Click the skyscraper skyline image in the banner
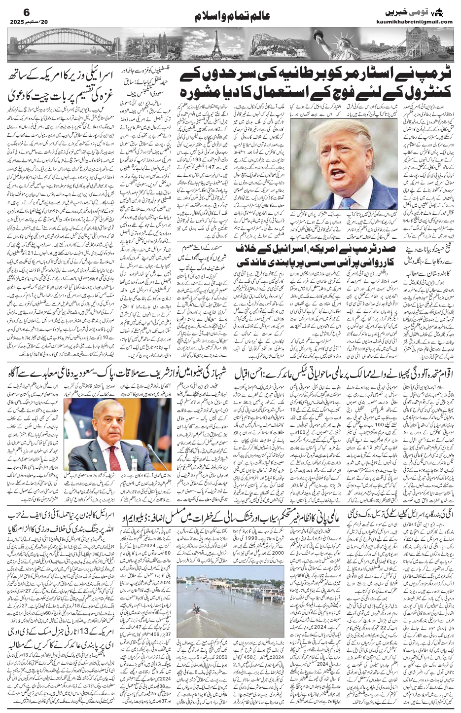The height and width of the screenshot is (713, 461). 163,42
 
